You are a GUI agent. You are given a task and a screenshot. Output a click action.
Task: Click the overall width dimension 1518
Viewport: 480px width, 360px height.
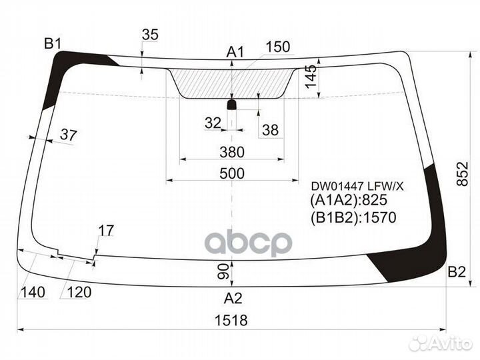coord(231,320)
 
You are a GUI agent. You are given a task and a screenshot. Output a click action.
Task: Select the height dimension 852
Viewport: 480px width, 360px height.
coord(462,173)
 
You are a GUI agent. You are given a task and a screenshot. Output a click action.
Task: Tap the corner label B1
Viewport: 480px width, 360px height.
coord(53,44)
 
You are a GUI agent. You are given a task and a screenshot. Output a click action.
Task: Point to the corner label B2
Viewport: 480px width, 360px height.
coord(457,271)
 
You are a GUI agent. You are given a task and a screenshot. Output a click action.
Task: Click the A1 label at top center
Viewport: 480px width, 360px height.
coord(235,52)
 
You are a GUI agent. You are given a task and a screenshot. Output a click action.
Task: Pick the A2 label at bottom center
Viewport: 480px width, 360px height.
coord(233,298)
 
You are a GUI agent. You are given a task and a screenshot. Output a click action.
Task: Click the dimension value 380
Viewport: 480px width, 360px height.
coord(232,152)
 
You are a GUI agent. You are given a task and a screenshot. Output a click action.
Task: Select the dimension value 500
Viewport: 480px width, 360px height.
coord(232,173)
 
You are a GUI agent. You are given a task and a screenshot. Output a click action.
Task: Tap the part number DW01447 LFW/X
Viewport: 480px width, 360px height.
coord(357,186)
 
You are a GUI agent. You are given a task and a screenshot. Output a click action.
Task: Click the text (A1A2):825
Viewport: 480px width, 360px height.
coord(349,200)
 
